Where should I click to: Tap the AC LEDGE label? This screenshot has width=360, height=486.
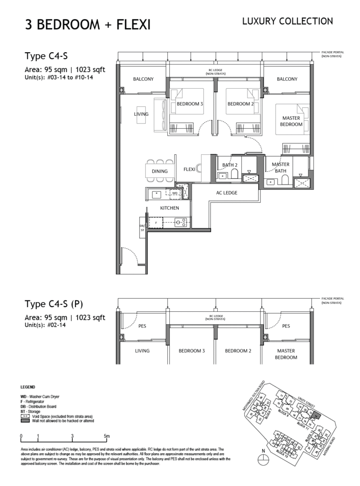(x=226, y=193)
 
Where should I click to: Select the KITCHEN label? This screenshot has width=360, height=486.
(x=169, y=208)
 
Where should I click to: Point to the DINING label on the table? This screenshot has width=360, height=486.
(x=159, y=171)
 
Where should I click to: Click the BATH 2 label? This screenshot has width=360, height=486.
(x=230, y=165)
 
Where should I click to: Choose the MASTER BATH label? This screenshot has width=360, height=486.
(x=280, y=168)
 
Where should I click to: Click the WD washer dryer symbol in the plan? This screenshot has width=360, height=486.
(x=175, y=193)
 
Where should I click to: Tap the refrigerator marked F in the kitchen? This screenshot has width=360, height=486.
(x=156, y=222)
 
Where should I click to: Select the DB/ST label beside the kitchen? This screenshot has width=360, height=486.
(x=142, y=227)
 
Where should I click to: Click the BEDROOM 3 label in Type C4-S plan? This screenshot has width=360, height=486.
(x=190, y=104)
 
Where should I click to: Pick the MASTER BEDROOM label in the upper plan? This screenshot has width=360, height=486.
(x=292, y=121)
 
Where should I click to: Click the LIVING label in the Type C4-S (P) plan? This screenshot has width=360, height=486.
(x=142, y=351)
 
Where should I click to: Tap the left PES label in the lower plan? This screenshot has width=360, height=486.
(x=142, y=326)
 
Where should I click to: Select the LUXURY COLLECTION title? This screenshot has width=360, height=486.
(x=287, y=21)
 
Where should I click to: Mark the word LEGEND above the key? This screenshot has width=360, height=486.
(x=28, y=387)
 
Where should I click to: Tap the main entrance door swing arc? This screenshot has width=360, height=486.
(x=130, y=256)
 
